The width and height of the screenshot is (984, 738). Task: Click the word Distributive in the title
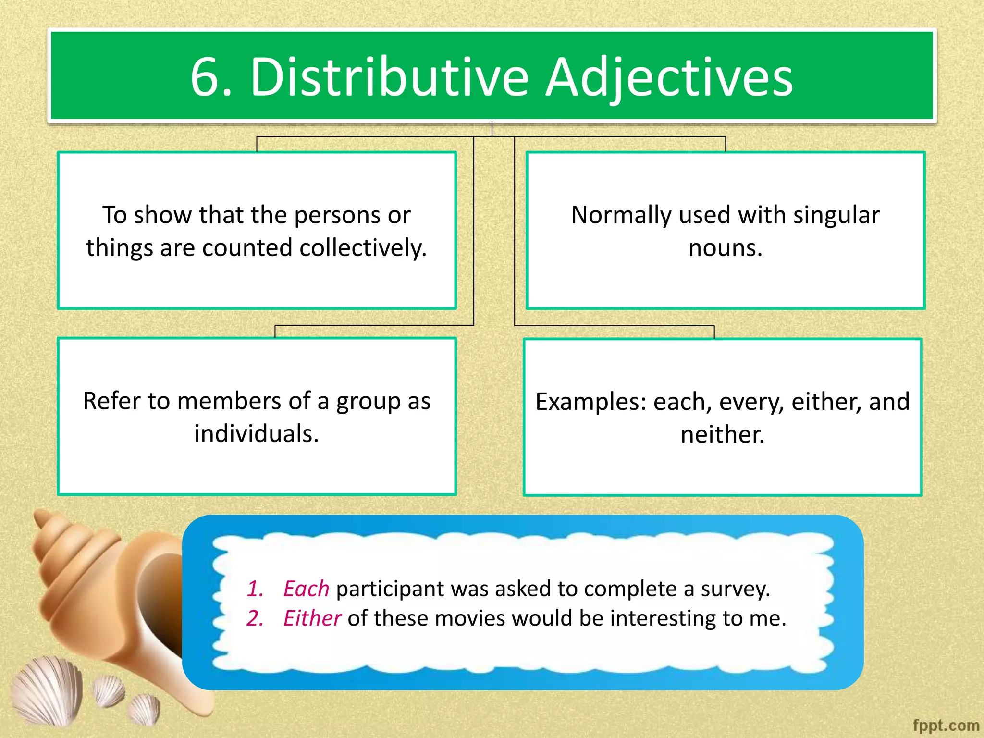(390, 77)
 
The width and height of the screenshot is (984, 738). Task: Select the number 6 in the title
(206, 77)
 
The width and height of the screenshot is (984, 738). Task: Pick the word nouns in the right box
(725, 248)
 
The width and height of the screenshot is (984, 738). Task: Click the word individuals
(257, 433)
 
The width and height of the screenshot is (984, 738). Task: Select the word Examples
(591, 402)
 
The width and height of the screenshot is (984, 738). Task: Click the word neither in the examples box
(722, 434)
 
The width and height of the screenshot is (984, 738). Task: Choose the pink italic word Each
(306, 589)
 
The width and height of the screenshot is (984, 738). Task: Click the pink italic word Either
(312, 618)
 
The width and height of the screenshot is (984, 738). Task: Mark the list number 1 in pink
(255, 589)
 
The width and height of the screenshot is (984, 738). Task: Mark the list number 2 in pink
(255, 618)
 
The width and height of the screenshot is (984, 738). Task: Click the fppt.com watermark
(946, 725)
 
